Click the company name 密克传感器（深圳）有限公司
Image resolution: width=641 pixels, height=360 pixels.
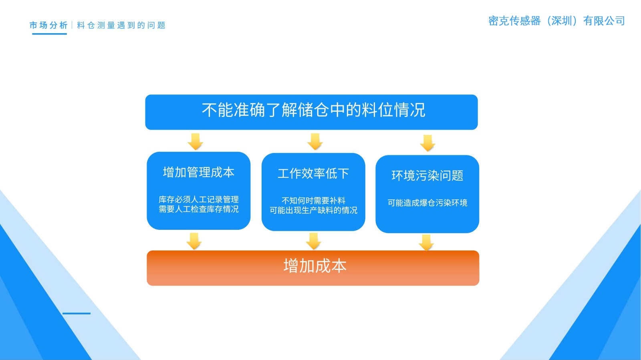(556, 21)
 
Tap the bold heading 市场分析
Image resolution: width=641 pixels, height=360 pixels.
(48, 25)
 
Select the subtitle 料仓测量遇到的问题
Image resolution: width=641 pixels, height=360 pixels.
(121, 25)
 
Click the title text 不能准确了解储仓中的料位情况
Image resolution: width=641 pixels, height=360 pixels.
(313, 110)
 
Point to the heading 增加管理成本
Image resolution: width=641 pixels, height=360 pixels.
(199, 172)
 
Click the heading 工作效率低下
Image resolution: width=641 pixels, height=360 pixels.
(313, 173)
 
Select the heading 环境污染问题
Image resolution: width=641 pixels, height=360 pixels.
(427, 175)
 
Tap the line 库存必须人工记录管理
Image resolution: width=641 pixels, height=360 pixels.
(199, 199)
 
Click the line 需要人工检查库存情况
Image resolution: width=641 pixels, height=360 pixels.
(199, 209)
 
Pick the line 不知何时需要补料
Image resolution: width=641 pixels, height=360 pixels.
(313, 201)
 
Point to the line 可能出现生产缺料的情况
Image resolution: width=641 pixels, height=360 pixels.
(313, 210)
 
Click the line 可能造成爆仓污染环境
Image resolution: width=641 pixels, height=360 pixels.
(427, 203)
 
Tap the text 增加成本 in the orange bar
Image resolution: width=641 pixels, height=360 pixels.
(315, 266)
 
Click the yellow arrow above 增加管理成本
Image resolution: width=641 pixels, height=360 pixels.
(196, 141)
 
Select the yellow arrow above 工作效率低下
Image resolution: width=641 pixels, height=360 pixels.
(315, 141)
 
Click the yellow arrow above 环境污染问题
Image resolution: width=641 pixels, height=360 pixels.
(428, 143)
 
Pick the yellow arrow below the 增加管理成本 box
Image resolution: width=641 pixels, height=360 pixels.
(194, 241)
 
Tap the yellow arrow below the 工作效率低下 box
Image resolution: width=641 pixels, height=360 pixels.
(313, 241)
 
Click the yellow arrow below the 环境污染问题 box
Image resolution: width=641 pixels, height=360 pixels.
(426, 242)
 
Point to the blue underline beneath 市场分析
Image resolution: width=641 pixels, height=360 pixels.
(49, 34)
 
